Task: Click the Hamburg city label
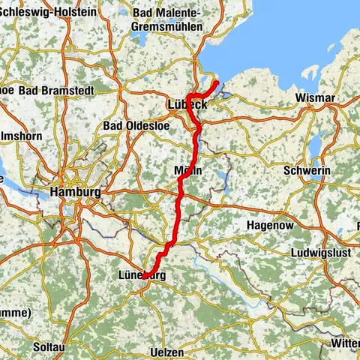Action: click(75, 192)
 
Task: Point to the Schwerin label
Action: click(307, 171)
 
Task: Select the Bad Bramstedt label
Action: click(53, 90)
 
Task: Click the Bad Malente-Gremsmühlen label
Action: click(166, 19)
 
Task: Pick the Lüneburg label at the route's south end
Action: click(142, 275)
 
